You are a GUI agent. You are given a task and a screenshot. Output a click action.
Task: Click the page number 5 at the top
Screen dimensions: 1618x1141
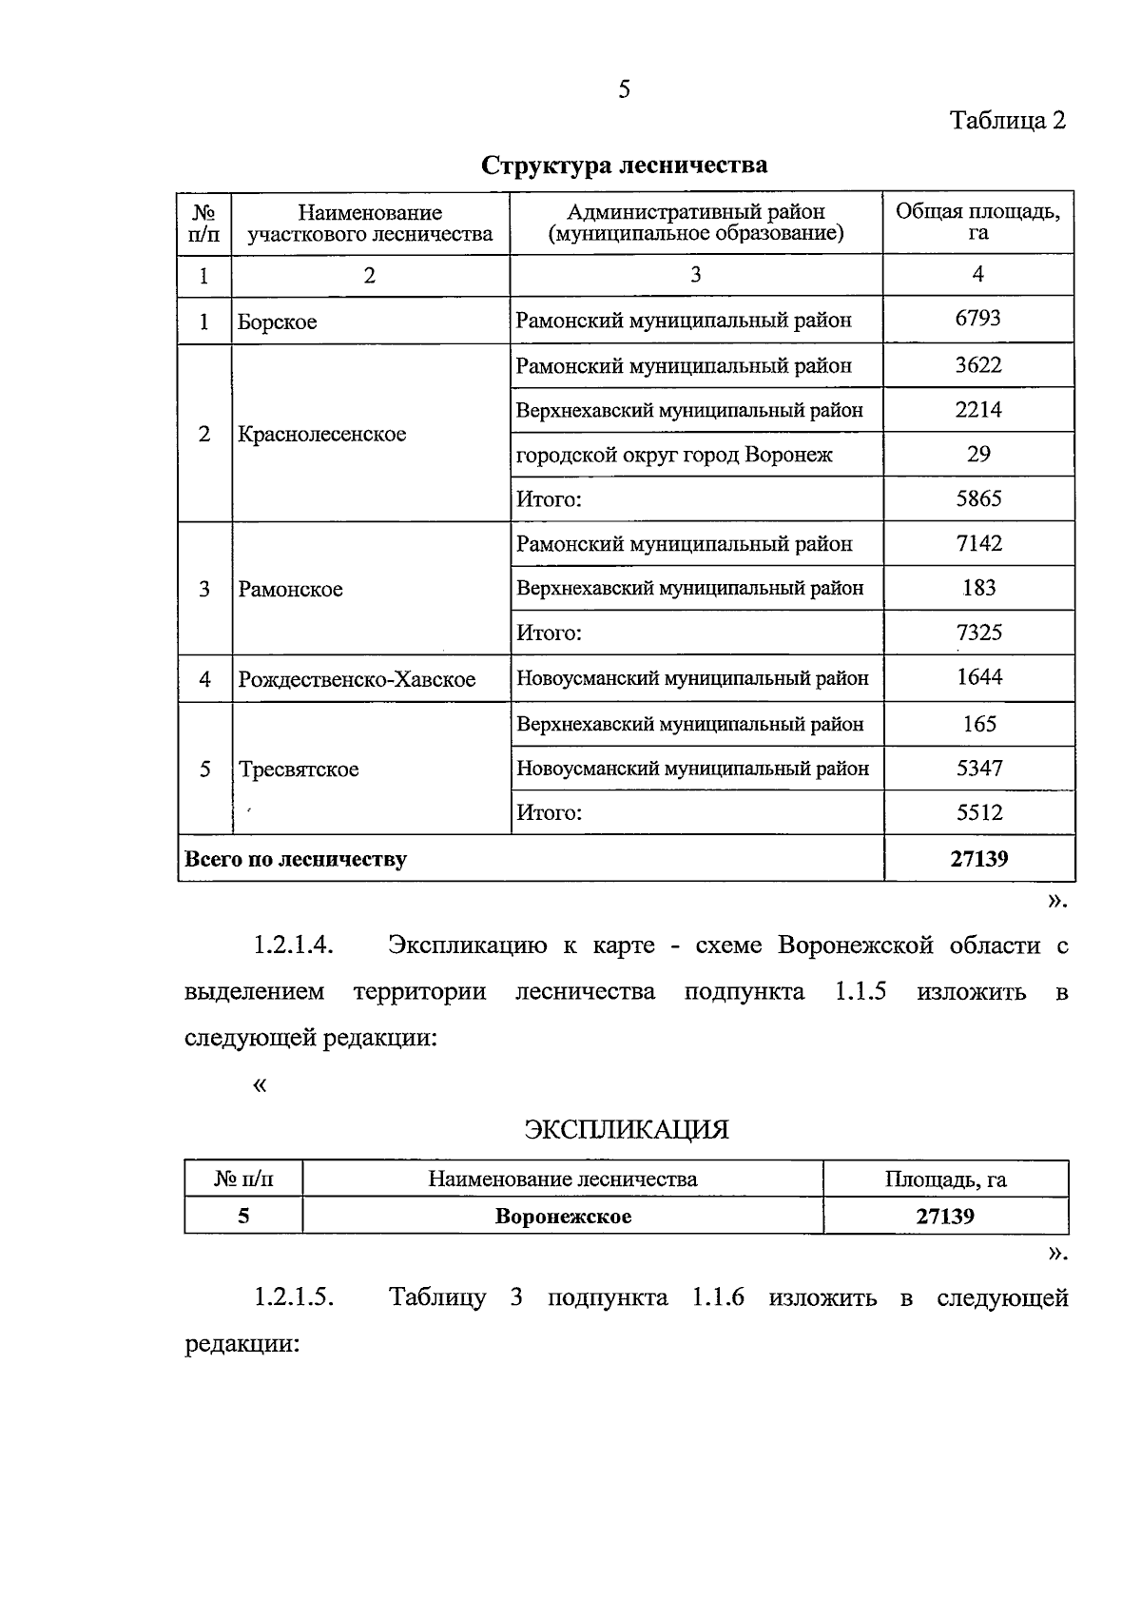[x=624, y=90]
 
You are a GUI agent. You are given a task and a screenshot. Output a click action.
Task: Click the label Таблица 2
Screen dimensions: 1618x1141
[x=1008, y=121]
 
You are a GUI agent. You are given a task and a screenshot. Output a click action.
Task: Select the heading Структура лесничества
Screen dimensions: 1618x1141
[x=625, y=166]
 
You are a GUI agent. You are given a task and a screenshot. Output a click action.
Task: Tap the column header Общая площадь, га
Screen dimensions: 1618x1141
[x=977, y=222]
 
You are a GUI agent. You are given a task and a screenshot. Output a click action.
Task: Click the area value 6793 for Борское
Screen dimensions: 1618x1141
[x=977, y=319]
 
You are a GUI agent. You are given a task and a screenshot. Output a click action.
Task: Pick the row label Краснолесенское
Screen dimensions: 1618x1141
[x=322, y=435]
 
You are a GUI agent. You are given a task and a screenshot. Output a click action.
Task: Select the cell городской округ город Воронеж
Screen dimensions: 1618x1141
[x=674, y=455]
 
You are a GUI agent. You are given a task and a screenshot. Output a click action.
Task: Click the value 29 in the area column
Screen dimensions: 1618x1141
[x=978, y=455]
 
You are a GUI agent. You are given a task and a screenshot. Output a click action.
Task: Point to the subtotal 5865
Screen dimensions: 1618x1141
[x=978, y=499]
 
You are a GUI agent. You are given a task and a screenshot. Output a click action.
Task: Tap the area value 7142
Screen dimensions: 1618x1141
[x=978, y=544]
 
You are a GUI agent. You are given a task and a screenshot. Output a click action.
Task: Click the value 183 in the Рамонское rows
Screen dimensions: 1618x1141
[x=978, y=588]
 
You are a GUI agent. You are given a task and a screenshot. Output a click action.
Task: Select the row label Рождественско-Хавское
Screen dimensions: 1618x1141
[x=357, y=680]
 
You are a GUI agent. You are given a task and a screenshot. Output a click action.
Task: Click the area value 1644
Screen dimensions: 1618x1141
[x=978, y=677]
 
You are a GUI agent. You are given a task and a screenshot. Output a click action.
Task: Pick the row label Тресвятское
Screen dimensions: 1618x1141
[x=299, y=770]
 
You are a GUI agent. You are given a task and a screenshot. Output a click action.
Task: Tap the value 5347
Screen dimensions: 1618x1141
[x=978, y=768]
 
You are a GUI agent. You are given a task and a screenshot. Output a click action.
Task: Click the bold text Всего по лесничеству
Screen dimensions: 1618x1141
[x=296, y=860]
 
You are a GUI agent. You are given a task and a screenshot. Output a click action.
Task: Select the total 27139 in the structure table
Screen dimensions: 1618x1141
[x=978, y=860]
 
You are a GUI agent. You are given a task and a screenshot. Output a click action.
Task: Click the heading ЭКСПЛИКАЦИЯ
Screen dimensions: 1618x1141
[x=627, y=1130]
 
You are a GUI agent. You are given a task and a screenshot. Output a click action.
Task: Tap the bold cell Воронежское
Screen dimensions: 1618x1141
[x=563, y=1217]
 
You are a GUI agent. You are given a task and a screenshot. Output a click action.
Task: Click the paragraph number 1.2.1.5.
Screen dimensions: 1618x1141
[x=293, y=1298]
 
